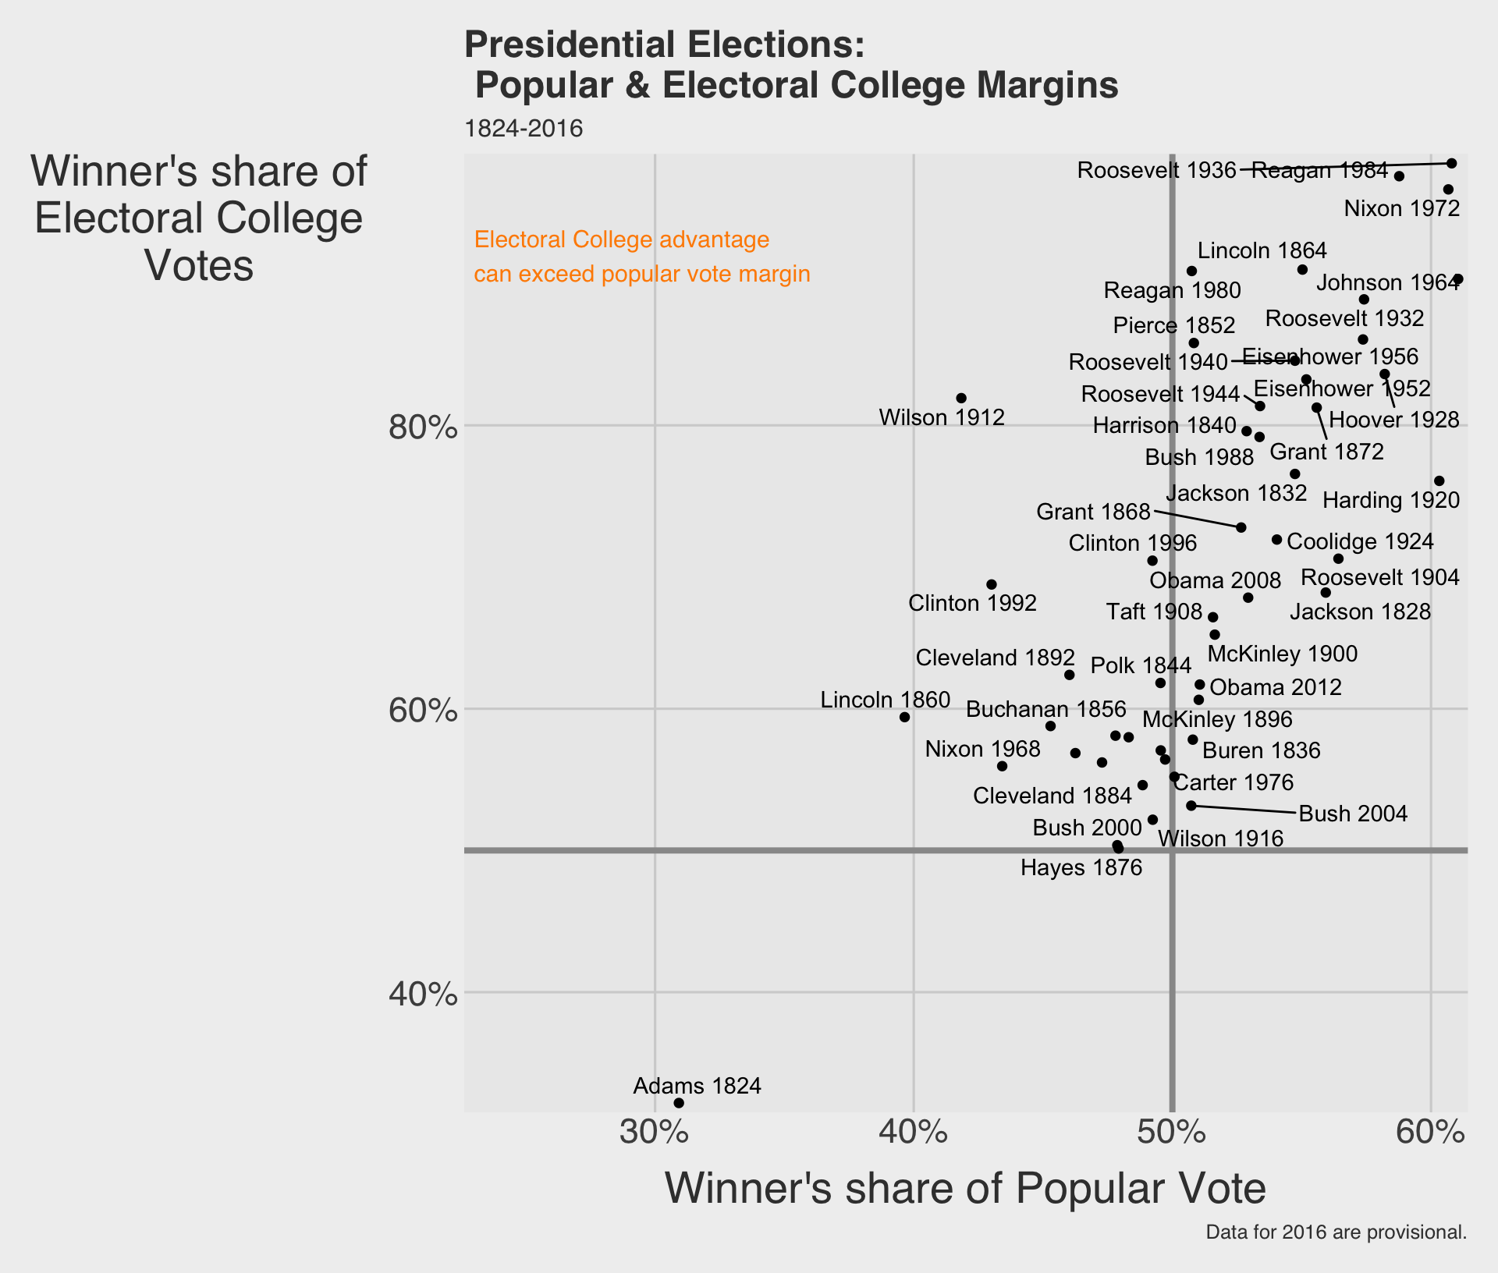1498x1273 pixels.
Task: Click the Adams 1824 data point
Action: click(x=679, y=1103)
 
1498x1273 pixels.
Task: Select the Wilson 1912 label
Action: click(x=941, y=418)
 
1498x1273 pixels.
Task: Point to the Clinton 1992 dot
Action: click(x=992, y=584)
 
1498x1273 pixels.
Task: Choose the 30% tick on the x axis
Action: click(x=654, y=1133)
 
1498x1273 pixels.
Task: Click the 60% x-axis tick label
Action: click(x=1430, y=1133)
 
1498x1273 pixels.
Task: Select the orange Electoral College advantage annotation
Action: click(x=641, y=257)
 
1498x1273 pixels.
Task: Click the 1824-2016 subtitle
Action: click(x=524, y=129)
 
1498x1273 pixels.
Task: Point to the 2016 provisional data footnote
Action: click(x=1336, y=1232)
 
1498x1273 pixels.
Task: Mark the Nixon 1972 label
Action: click(x=1401, y=209)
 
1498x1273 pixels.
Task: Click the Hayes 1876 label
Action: click(x=1081, y=867)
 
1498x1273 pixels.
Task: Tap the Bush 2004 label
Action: click(x=1353, y=814)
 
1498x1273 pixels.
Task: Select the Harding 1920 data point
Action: click(x=1439, y=481)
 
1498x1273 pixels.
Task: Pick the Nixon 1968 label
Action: click(x=982, y=750)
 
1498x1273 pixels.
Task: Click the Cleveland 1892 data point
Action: click(x=1070, y=675)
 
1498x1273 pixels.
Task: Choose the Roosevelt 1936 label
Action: click(x=1156, y=170)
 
